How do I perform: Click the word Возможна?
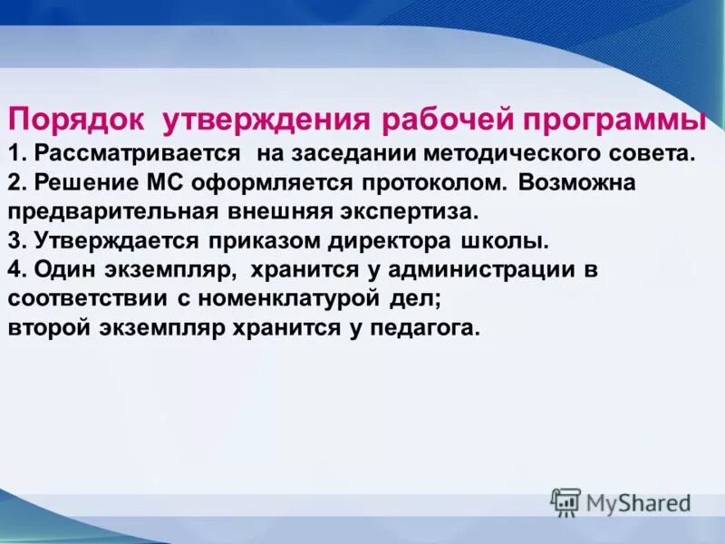[x=578, y=182]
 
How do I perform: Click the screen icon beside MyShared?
[x=565, y=502]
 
